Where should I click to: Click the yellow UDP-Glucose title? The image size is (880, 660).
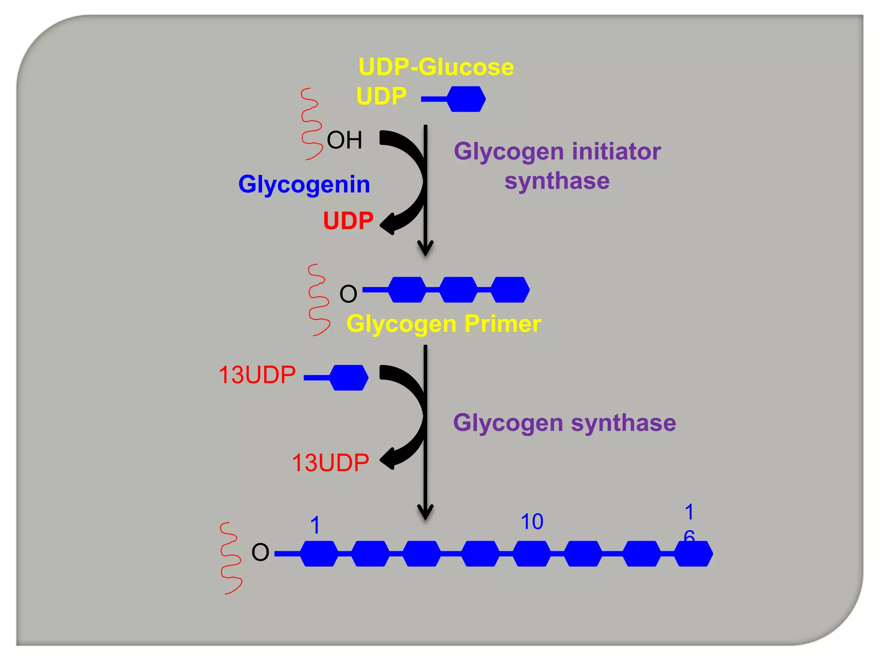[436, 67]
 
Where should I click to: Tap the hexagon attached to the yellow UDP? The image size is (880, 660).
[466, 99]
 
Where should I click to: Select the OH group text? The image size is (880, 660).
[344, 140]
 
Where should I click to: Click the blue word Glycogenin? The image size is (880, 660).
[304, 184]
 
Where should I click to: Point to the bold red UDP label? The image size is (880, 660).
[348, 221]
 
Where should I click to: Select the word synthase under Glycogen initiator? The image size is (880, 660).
[557, 180]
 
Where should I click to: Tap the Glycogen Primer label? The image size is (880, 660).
[443, 324]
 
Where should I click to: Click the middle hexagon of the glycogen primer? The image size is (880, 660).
[458, 290]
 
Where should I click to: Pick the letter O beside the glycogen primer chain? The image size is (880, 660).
[348, 294]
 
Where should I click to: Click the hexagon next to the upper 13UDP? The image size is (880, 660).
[348, 378]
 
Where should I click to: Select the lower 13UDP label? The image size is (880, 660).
[330, 463]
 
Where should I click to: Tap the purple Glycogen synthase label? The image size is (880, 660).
[564, 423]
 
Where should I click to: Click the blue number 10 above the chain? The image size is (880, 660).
[532, 522]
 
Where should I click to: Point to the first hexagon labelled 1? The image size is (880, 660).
[319, 553]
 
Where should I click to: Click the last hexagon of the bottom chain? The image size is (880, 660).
[693, 553]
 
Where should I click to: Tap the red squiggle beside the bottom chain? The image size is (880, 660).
[231, 558]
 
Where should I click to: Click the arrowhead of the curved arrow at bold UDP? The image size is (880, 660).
[387, 225]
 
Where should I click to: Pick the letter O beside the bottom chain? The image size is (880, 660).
[260, 553]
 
